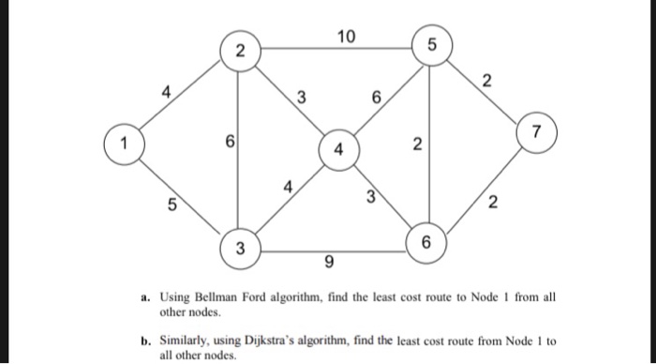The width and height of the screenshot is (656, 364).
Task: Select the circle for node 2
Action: pos(240,53)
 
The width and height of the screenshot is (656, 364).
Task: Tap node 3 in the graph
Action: pos(240,250)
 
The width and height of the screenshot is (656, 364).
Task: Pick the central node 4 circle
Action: pos(339,149)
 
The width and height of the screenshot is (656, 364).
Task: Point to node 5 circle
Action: pos(430,44)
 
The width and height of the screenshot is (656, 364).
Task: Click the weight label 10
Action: pos(346,37)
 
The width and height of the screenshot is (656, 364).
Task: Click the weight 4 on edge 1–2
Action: pos(166,92)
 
